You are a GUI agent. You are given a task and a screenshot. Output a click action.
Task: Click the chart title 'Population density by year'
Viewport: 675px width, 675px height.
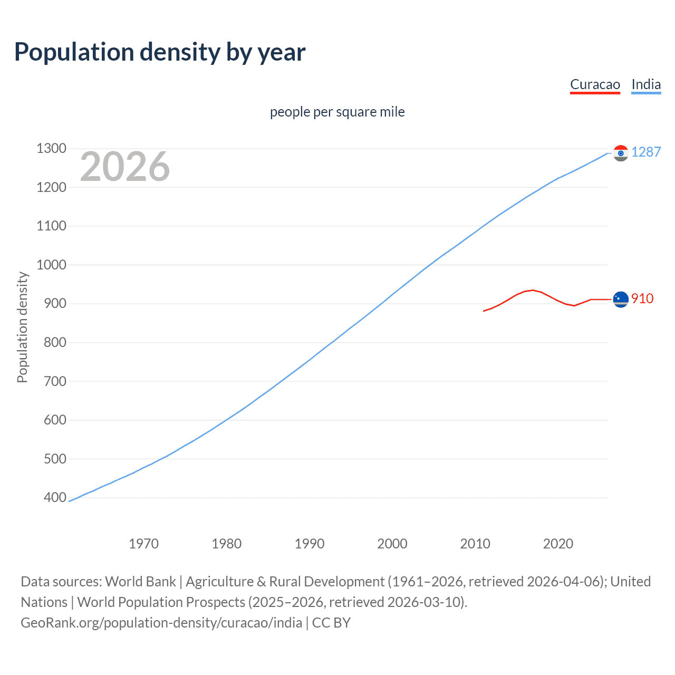tap(160, 52)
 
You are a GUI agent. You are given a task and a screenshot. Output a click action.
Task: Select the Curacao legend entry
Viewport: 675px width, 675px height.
tap(595, 84)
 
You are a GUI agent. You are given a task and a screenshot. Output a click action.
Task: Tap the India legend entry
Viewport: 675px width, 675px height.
tap(646, 84)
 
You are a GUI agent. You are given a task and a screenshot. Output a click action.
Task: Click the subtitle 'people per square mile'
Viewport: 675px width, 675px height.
tap(337, 112)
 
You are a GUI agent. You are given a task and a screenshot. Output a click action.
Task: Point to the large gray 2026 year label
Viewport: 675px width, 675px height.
tap(125, 167)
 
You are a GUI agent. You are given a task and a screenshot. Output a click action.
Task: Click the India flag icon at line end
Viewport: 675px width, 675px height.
tap(621, 153)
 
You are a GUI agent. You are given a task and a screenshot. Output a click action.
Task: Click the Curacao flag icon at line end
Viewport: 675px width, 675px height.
tap(621, 299)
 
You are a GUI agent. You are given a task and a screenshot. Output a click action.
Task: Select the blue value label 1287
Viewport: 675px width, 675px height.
tap(645, 152)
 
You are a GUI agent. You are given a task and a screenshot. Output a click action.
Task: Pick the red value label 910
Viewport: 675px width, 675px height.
tap(642, 298)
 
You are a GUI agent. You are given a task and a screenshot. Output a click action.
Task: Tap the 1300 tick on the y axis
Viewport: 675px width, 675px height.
tap(51, 148)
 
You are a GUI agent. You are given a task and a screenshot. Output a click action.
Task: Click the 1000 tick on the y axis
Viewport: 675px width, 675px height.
tap(51, 265)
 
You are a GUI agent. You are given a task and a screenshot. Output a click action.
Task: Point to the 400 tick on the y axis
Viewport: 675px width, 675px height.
tap(55, 497)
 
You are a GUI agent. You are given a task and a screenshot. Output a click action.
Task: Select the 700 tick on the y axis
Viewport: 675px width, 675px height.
tap(55, 381)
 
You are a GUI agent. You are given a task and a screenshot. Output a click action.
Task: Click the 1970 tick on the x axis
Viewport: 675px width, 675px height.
tap(143, 543)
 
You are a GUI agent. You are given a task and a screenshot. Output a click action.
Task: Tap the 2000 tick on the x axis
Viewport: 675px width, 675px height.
tap(392, 543)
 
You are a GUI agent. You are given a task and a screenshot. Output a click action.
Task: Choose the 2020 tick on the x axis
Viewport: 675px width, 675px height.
tap(558, 543)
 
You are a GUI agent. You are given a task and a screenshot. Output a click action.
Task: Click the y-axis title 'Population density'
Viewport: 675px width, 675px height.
tap(22, 327)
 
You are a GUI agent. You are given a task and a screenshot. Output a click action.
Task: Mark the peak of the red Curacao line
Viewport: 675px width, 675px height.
tap(532, 290)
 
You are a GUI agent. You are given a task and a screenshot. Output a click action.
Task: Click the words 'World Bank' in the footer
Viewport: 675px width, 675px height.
tap(140, 582)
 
